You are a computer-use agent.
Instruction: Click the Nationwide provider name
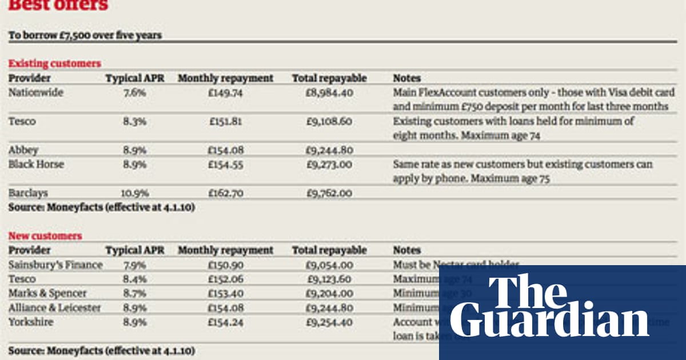point(35,93)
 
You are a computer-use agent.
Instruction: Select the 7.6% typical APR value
point(134,93)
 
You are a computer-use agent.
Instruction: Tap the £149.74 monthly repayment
point(225,93)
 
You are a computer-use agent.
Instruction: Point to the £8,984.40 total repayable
point(329,93)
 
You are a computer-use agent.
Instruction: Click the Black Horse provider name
point(36,165)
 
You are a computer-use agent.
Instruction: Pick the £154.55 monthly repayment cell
point(225,165)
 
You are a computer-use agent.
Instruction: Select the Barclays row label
point(28,193)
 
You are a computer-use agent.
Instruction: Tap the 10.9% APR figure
point(134,193)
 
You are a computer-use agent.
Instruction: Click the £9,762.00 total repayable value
point(329,193)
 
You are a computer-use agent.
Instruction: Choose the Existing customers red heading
point(54,63)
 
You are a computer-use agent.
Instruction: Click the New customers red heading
point(45,236)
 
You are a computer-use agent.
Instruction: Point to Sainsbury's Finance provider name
point(55,265)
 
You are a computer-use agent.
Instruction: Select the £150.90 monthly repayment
point(225,265)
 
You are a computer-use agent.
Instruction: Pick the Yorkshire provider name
point(31,322)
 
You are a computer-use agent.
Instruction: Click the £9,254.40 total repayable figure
point(329,322)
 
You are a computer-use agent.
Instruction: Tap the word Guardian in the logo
point(549,322)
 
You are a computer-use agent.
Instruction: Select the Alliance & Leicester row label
point(54,308)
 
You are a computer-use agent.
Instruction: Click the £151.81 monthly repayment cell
point(225,121)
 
